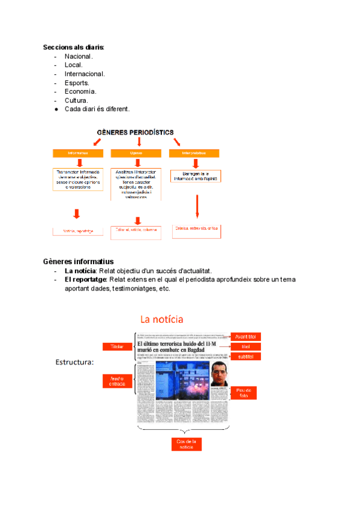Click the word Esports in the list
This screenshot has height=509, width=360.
pyautogui.click(x=77, y=83)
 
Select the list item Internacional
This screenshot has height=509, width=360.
pyautogui.click(x=85, y=74)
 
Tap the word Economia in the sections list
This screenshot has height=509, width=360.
pyautogui.click(x=80, y=91)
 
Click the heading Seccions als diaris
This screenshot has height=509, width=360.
pyautogui.click(x=73, y=47)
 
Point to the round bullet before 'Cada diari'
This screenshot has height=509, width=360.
pyautogui.click(x=55, y=109)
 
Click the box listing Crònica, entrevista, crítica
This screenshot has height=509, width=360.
pyautogui.click(x=197, y=228)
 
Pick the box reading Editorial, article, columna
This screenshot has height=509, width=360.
pyautogui.click(x=136, y=230)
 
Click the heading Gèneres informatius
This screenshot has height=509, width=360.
pyautogui.click(x=78, y=262)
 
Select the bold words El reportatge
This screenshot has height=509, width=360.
pyautogui.click(x=85, y=280)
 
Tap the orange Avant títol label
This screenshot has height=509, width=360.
pyautogui.click(x=245, y=336)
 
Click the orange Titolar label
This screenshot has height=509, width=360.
pyautogui.click(x=116, y=346)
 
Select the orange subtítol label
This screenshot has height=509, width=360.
pyautogui.click(x=245, y=357)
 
